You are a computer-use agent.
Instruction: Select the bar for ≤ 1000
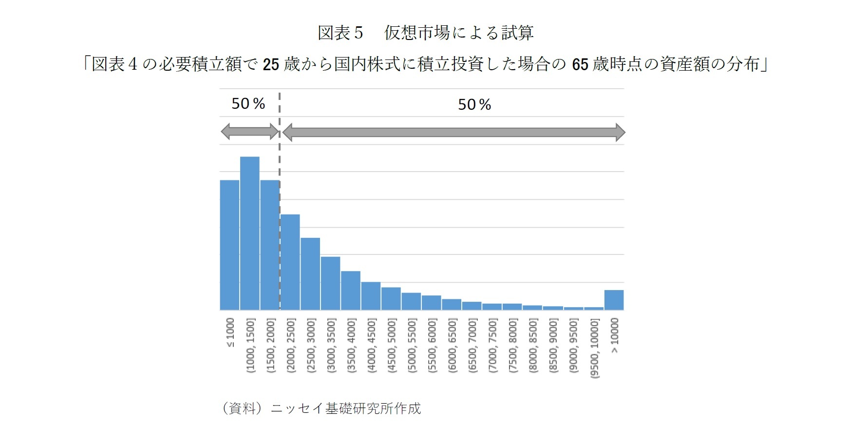tap(229, 245)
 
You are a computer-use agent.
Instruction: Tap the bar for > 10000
tap(614, 300)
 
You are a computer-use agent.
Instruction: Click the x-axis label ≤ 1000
tap(230, 332)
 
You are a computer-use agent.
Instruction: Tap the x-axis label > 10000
tap(615, 335)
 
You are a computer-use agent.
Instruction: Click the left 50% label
tap(248, 103)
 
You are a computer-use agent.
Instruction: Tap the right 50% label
tap(474, 104)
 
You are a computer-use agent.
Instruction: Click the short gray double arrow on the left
tap(249, 131)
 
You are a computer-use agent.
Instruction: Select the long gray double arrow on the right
tap(453, 132)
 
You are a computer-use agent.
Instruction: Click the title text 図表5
tap(340, 33)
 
